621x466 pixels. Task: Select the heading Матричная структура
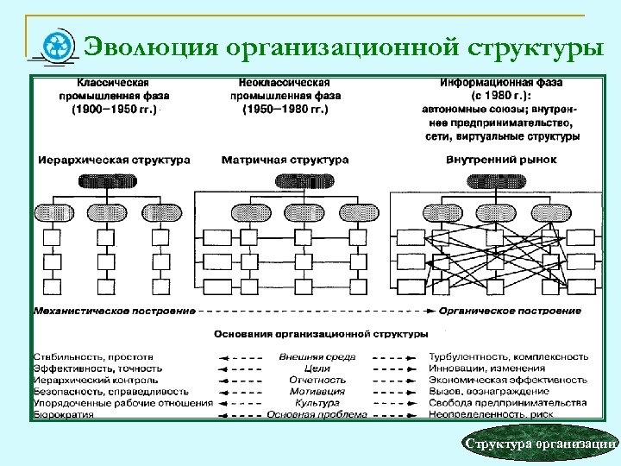pyautogui.click(x=285, y=160)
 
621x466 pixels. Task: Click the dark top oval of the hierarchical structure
pyautogui.click(x=108, y=181)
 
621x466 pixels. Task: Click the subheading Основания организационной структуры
pyautogui.click(x=321, y=332)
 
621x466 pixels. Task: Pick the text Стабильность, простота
pyautogui.click(x=93, y=356)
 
